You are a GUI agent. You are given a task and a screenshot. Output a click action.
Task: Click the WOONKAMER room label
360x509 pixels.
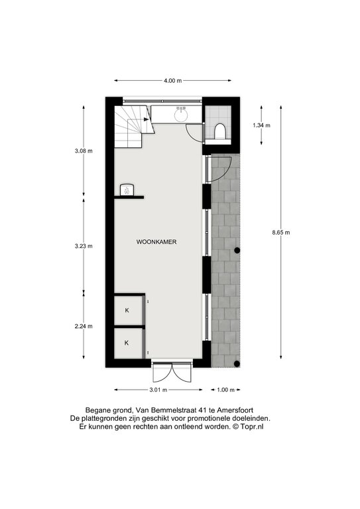(156, 242)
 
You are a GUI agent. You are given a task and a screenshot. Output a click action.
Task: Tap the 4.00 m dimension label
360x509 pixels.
(172, 81)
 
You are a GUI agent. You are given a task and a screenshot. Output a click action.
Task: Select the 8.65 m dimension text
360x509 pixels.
(281, 232)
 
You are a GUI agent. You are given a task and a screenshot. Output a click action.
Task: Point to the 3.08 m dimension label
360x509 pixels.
(84, 150)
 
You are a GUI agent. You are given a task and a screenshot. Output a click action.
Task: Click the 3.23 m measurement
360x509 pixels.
(84, 246)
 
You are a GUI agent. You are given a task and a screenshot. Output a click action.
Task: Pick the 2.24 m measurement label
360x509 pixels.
(84, 326)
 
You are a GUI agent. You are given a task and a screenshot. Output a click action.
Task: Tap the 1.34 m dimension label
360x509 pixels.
(262, 125)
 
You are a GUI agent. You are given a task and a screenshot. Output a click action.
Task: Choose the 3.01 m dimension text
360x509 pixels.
(158, 390)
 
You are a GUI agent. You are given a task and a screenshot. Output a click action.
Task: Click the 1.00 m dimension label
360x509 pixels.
(225, 390)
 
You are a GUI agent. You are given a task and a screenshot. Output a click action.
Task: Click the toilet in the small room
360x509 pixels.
(219, 131)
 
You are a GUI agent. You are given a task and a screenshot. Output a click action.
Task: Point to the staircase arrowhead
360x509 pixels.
(147, 119)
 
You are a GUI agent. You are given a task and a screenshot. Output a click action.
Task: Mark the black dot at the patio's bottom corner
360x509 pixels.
(237, 364)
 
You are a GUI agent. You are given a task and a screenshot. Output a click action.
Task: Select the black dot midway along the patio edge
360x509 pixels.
(237, 251)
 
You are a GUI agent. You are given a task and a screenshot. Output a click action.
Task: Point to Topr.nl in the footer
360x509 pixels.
(252, 427)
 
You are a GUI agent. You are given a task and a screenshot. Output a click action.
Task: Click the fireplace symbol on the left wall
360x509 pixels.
(127, 190)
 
